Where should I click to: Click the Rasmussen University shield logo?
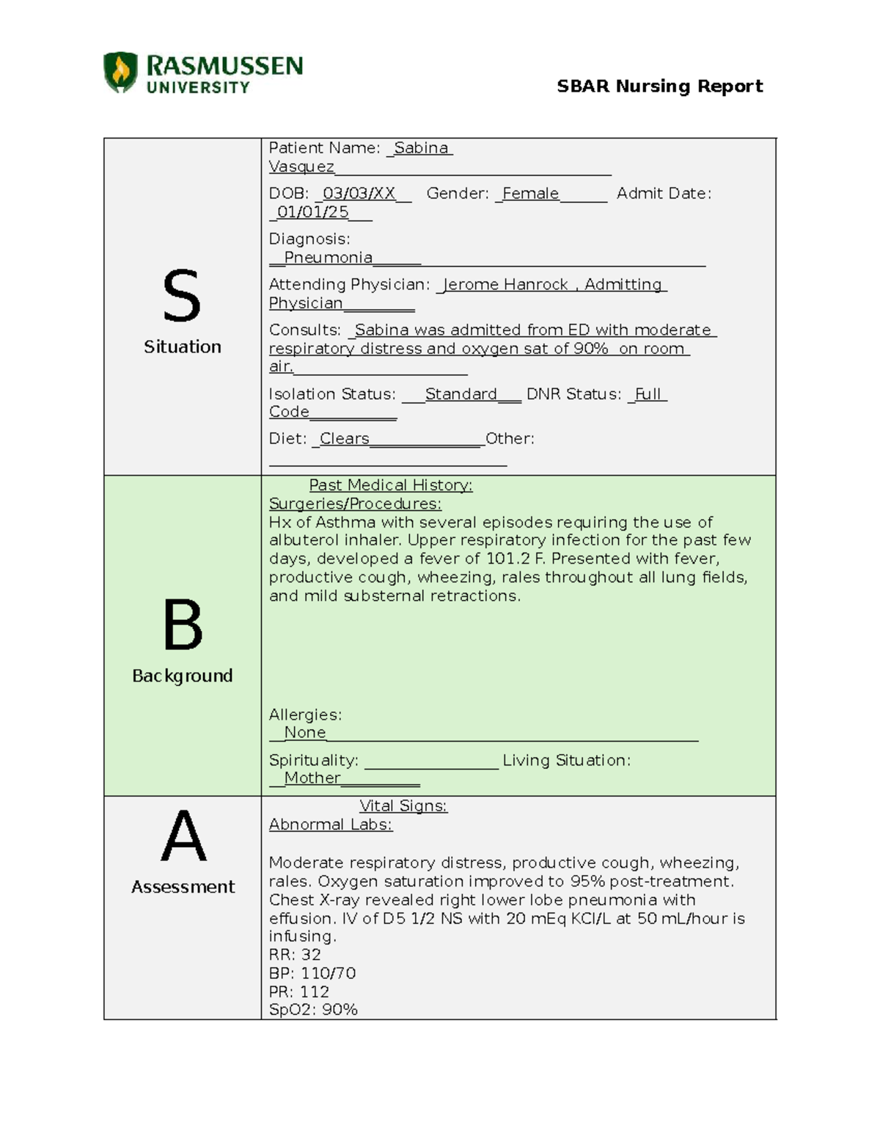pyautogui.click(x=120, y=73)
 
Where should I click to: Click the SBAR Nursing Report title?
pyautogui.click(x=659, y=86)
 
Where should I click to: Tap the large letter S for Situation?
pyautogui.click(x=181, y=296)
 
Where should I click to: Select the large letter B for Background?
pyautogui.click(x=182, y=625)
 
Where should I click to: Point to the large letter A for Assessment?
pyautogui.click(x=183, y=836)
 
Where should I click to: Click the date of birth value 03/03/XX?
pyautogui.click(x=359, y=193)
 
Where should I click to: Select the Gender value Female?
pyautogui.click(x=530, y=193)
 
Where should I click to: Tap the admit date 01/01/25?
pyautogui.click(x=312, y=213)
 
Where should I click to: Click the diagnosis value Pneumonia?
pyautogui.click(x=328, y=258)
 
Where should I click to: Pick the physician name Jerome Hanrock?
pyautogui.click(x=506, y=284)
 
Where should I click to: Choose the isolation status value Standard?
pyautogui.click(x=461, y=394)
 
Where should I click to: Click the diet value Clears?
pyautogui.click(x=344, y=439)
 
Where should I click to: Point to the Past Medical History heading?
pyautogui.click(x=391, y=485)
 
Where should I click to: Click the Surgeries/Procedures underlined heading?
pyautogui.click(x=355, y=503)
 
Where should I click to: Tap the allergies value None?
pyautogui.click(x=304, y=733)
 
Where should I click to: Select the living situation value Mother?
pyautogui.click(x=312, y=778)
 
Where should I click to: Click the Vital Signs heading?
pyautogui.click(x=403, y=806)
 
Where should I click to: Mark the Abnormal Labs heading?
pyautogui.click(x=330, y=824)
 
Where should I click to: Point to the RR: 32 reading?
pyautogui.click(x=295, y=955)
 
